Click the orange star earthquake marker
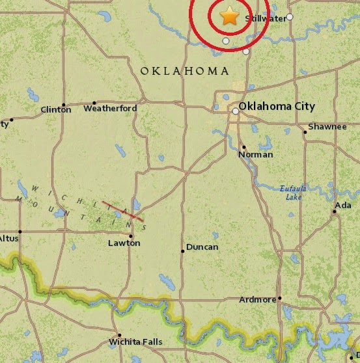tap(229, 16)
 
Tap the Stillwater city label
tap(265, 19)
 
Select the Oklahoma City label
tap(277, 106)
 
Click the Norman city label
tap(255, 155)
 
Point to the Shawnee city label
tap(327, 126)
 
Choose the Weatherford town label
tap(110, 109)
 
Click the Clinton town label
tap(56, 110)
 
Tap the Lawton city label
tap(124, 243)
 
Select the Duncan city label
tap(202, 247)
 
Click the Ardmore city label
tap(259, 300)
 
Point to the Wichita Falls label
tap(135, 342)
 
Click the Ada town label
tap(342, 206)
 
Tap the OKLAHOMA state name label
tap(185, 71)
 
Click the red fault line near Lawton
tap(122, 210)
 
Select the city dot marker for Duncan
tap(182, 251)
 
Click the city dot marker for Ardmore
tap(279, 299)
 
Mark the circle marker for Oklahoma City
tap(235, 111)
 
